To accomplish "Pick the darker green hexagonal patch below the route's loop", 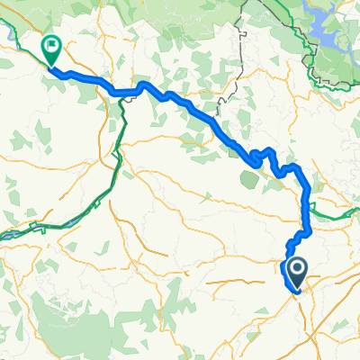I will [253, 179].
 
